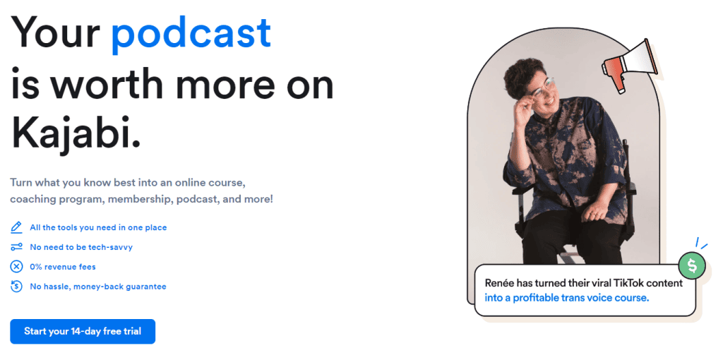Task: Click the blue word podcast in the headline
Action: [191, 33]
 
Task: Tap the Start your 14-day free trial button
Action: [83, 332]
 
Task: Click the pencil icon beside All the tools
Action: [16, 227]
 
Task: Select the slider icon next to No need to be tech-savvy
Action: [16, 247]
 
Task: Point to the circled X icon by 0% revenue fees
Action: [16, 266]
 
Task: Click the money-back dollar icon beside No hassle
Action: [16, 287]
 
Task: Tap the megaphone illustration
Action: [630, 66]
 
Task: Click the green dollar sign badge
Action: [692, 265]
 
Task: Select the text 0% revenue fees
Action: [63, 266]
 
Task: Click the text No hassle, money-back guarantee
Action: [97, 287]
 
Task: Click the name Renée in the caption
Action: [500, 282]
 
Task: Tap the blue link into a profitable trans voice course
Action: [567, 298]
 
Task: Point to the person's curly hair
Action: [523, 76]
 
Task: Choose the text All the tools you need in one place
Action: [98, 227]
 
